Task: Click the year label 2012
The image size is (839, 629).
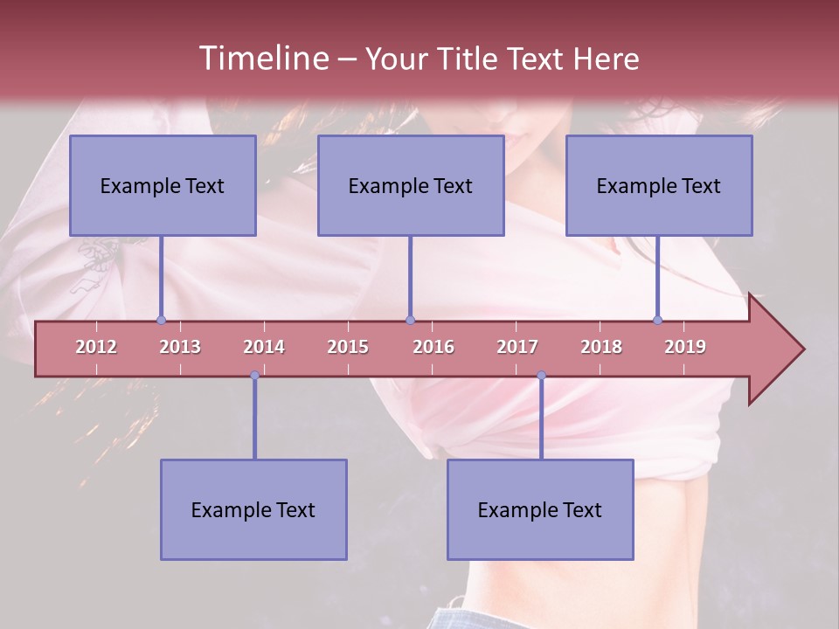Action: (x=96, y=347)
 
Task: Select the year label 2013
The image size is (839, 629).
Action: (x=180, y=347)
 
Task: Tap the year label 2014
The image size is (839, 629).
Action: (x=264, y=347)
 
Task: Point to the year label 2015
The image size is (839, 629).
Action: (x=348, y=347)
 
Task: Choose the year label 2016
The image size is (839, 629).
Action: (x=433, y=347)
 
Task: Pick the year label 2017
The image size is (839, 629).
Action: (x=517, y=347)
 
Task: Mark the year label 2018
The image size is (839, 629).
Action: (x=601, y=347)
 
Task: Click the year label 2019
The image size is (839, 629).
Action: (x=685, y=347)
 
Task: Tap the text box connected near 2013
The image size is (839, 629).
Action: (x=163, y=185)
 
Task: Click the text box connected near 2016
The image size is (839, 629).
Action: (x=411, y=185)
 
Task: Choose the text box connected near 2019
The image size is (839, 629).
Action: (x=659, y=185)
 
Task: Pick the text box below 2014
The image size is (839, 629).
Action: (x=253, y=509)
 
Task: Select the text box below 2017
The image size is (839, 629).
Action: (x=540, y=509)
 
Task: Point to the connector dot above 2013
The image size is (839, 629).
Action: (x=161, y=320)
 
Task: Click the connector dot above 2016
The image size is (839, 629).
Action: (x=410, y=320)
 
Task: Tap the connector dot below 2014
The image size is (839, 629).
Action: (x=254, y=376)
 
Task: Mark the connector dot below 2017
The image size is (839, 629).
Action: (x=541, y=376)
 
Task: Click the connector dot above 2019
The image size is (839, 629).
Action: (x=657, y=320)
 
